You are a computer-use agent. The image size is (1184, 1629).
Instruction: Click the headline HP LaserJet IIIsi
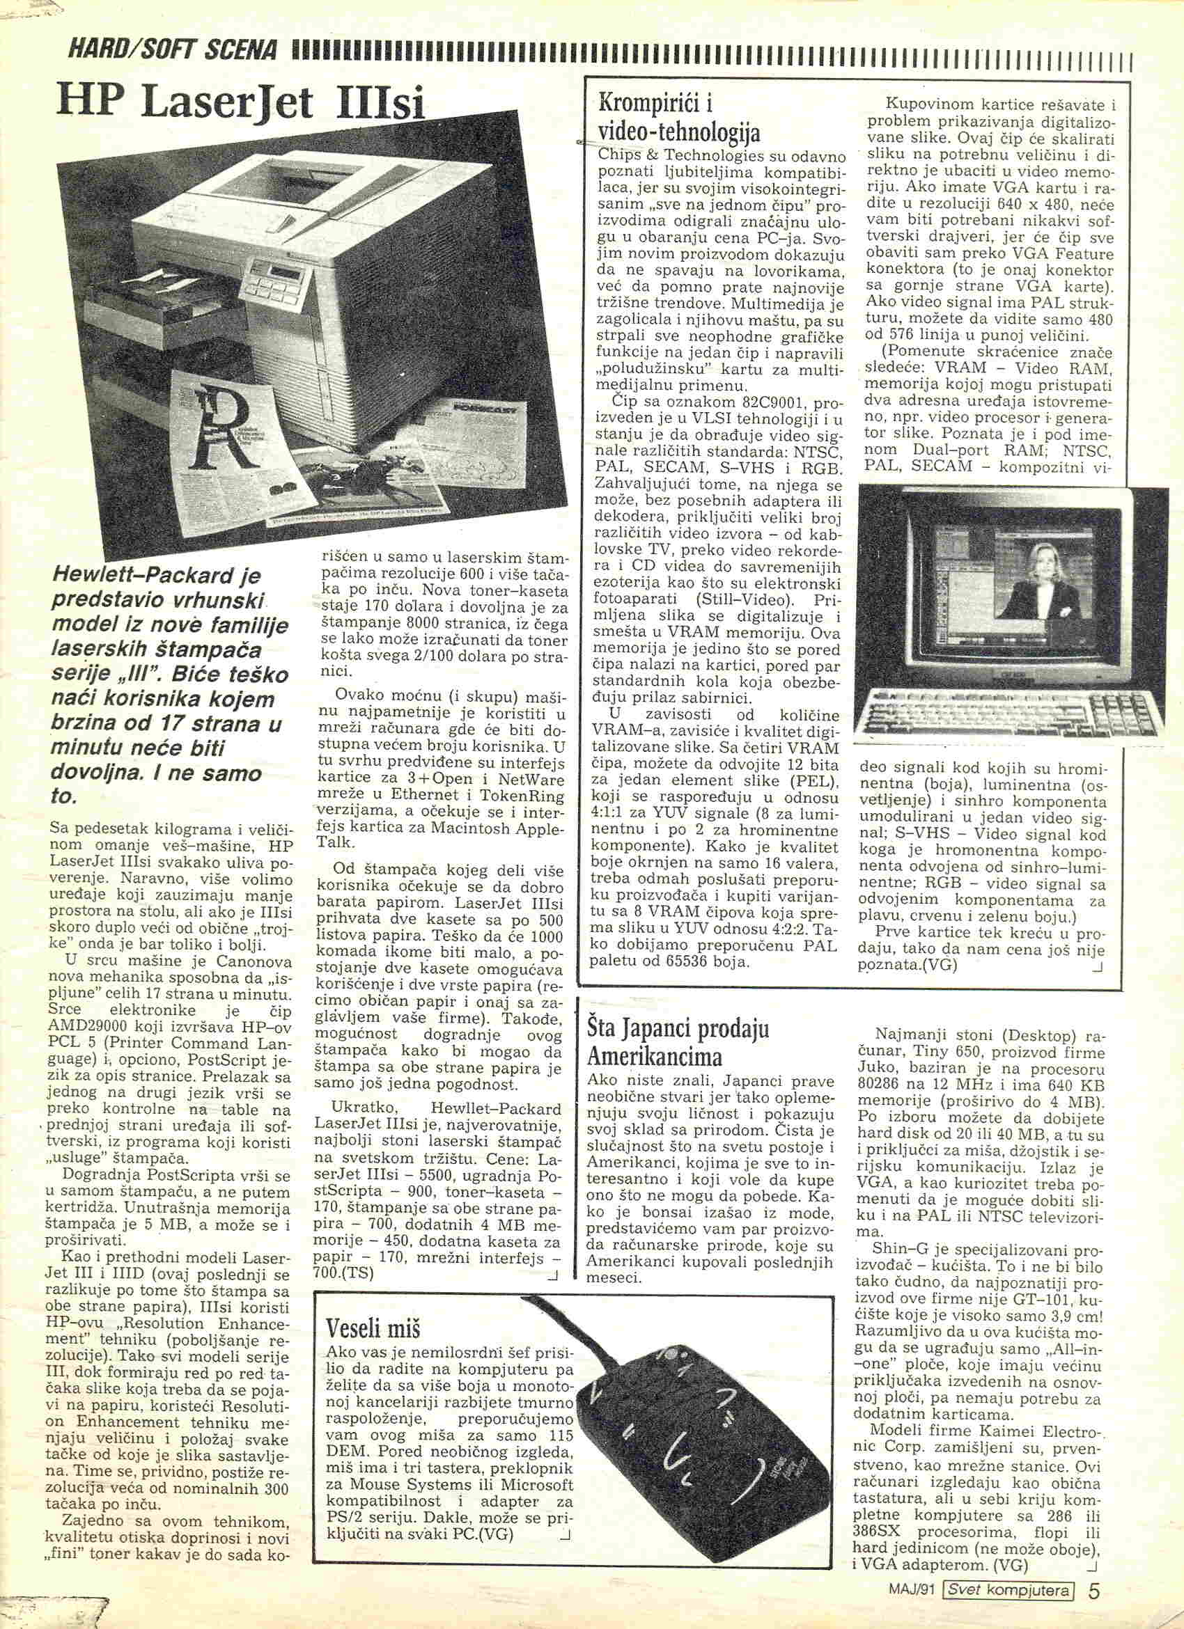[243, 104]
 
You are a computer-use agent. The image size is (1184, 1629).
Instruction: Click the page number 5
[1094, 1590]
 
